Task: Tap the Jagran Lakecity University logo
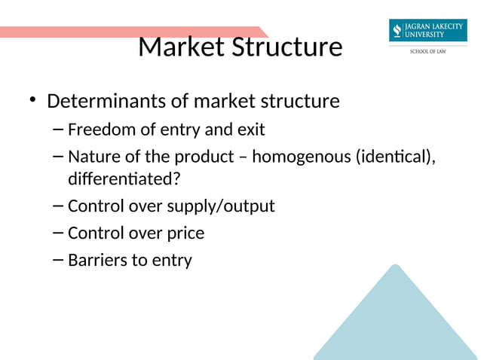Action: (x=427, y=31)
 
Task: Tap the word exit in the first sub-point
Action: (x=250, y=130)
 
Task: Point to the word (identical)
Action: (x=398, y=157)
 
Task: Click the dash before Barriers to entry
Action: (x=59, y=261)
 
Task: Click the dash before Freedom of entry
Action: (x=59, y=130)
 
